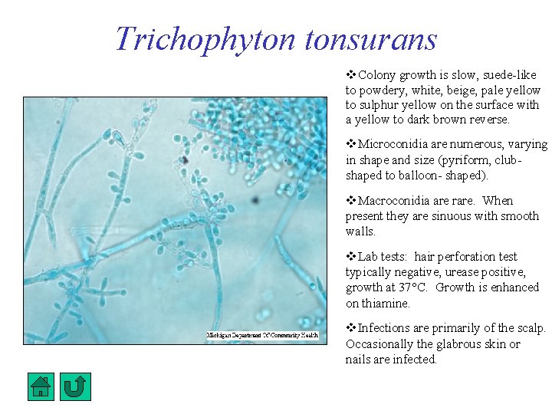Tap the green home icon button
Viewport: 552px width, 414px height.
tap(41, 386)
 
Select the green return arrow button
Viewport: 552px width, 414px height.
tap(75, 386)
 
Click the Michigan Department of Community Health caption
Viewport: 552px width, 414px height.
tap(261, 335)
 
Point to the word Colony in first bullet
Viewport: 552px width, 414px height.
tap(376, 75)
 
